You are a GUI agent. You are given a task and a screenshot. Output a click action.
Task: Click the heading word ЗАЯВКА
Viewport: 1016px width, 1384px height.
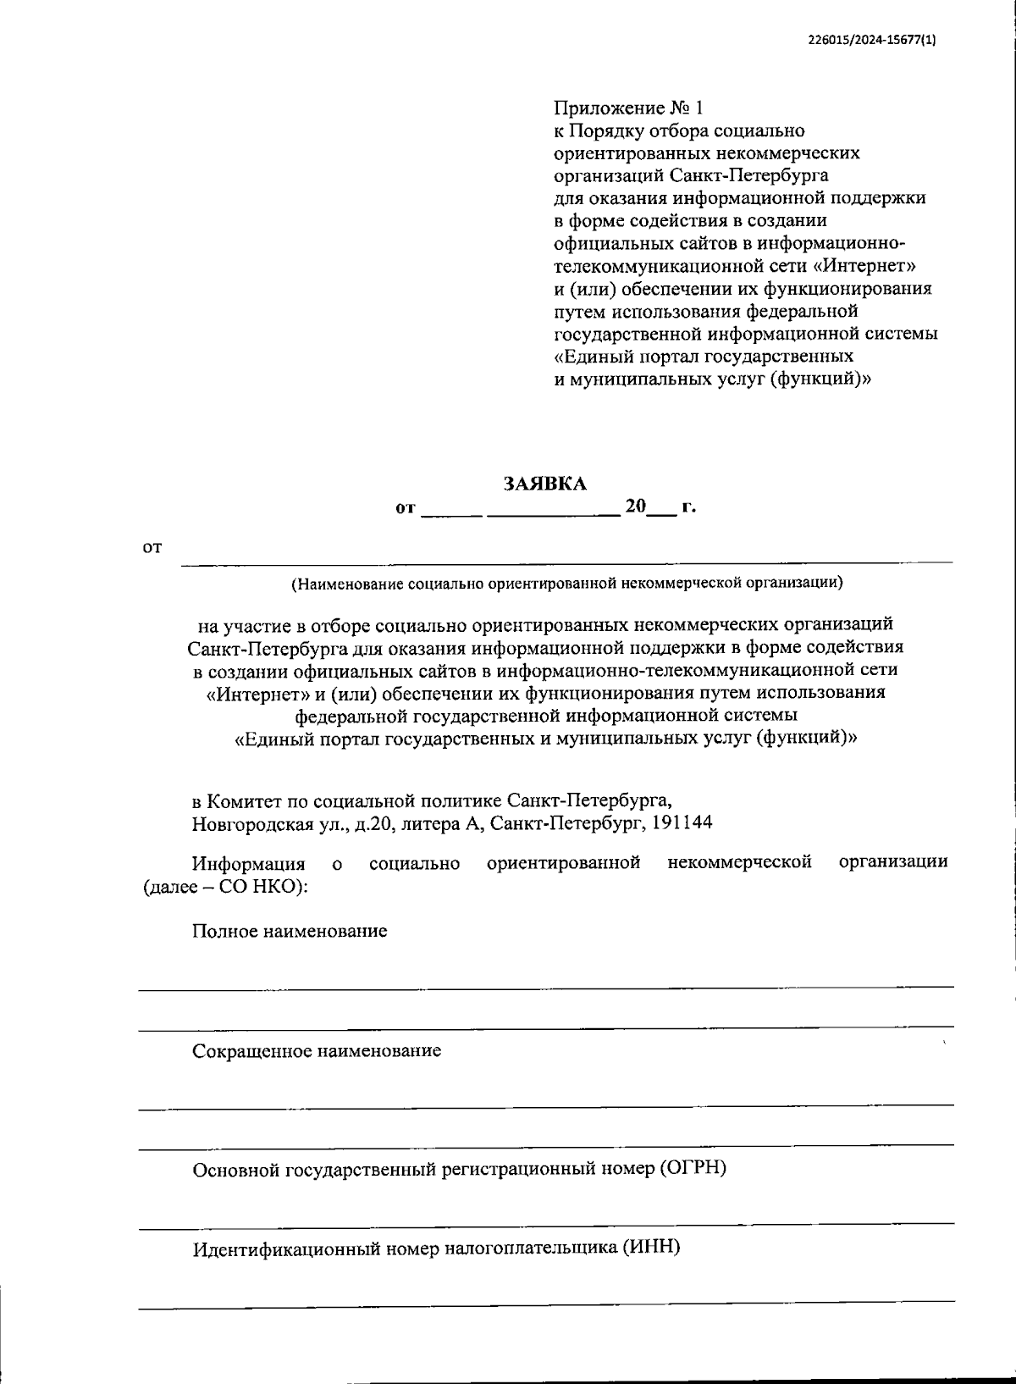[x=544, y=484]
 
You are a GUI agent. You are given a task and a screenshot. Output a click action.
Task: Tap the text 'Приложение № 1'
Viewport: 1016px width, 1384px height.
[x=628, y=108]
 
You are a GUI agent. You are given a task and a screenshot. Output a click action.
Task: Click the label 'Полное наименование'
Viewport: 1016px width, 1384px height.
[x=290, y=931]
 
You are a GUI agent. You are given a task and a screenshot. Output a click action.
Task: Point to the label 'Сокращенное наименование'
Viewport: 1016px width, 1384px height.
[x=317, y=1051]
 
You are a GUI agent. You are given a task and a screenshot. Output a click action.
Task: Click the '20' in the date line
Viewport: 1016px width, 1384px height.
[x=635, y=507]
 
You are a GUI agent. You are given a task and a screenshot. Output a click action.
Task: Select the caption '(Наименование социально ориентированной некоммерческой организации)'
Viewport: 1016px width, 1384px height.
[x=567, y=583]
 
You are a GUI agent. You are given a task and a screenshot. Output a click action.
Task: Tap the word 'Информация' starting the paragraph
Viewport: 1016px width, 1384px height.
[x=248, y=863]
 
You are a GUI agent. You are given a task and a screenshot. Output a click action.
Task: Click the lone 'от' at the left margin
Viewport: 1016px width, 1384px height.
[x=152, y=548]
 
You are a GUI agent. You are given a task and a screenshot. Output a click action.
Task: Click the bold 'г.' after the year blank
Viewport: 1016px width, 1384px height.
[x=688, y=507]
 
